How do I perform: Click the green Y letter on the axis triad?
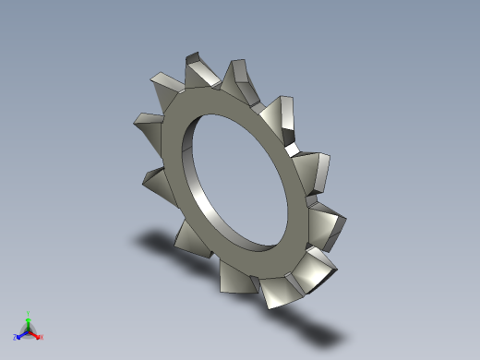click(29, 313)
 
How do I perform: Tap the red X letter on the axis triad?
click(42, 337)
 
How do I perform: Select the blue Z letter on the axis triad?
click(15, 337)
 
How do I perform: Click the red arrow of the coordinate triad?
click(36, 333)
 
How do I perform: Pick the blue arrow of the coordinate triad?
click(21, 333)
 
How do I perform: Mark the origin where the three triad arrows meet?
click(29, 330)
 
